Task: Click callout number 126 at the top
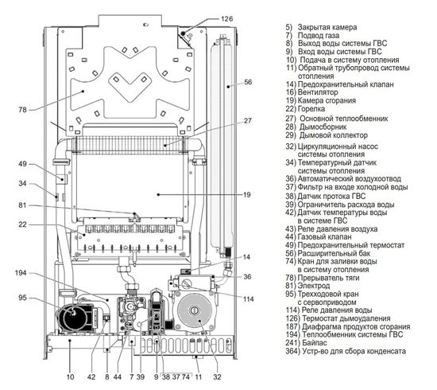(227, 17)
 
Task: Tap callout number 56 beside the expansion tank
(249, 82)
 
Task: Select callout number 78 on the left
(22, 108)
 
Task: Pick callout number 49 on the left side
(22, 165)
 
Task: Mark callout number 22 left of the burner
(22, 225)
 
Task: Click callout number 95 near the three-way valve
(22, 298)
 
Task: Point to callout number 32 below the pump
(216, 376)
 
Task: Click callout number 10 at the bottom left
(71, 376)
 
